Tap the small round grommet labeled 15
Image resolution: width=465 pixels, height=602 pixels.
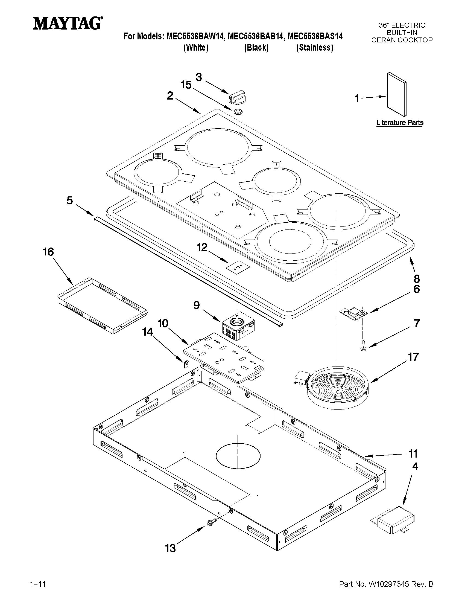click(x=238, y=112)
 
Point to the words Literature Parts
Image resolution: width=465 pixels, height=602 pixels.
click(x=400, y=123)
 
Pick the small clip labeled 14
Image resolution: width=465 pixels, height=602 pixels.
click(x=186, y=364)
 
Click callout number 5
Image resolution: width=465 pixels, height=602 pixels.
click(x=70, y=200)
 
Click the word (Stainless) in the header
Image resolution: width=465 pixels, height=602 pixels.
click(x=315, y=48)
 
